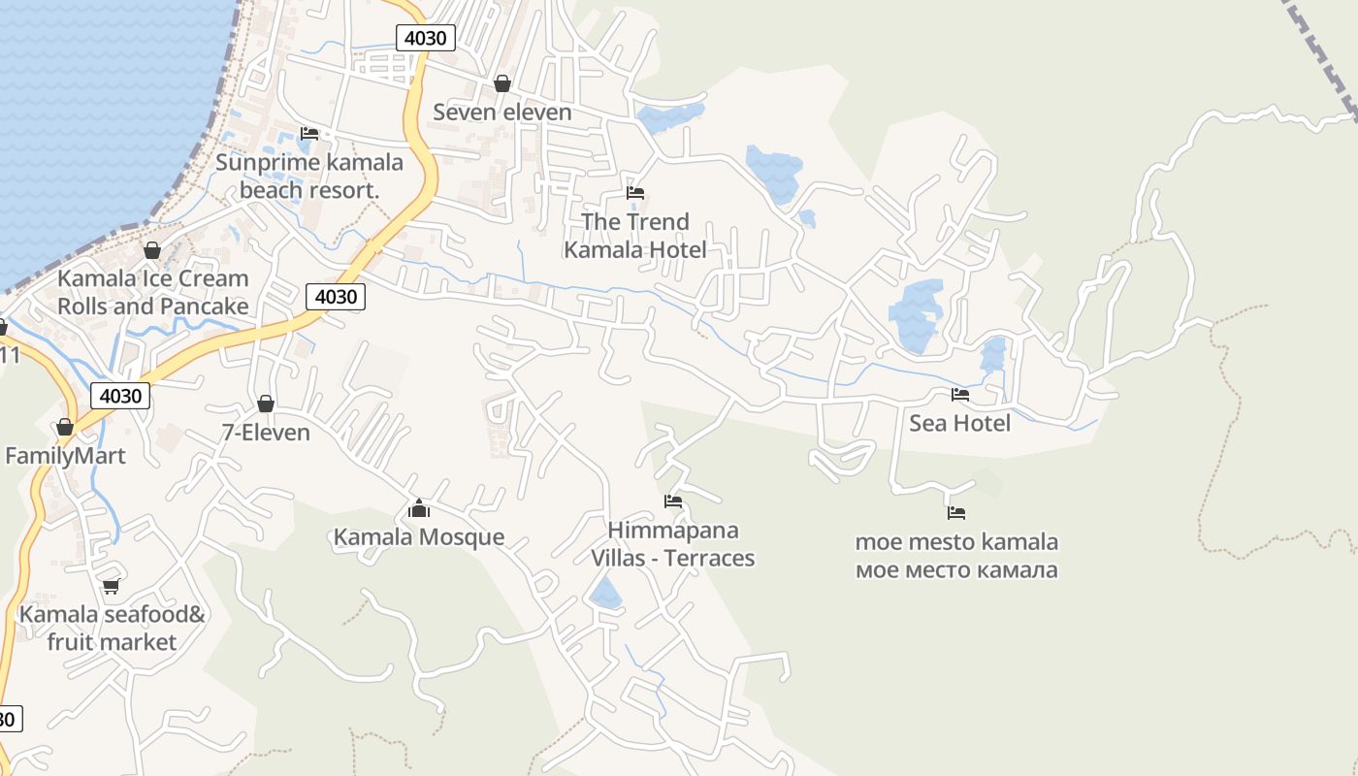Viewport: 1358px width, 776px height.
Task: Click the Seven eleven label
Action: click(x=502, y=113)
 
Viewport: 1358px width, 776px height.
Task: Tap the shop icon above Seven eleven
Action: click(x=502, y=83)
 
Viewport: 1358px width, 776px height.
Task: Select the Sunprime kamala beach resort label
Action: click(x=309, y=176)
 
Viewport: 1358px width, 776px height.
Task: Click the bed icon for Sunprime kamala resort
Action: click(x=309, y=134)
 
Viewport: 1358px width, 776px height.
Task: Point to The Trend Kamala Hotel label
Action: click(x=635, y=236)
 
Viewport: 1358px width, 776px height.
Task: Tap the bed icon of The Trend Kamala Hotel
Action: click(x=635, y=193)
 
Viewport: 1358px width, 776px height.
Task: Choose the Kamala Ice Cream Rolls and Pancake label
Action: click(x=153, y=292)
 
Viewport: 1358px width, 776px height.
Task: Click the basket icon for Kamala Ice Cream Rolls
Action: click(x=152, y=250)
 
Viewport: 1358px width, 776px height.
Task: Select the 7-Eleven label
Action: click(x=266, y=433)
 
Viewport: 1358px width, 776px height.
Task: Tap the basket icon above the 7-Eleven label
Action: click(x=266, y=404)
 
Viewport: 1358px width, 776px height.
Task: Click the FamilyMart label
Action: click(x=65, y=456)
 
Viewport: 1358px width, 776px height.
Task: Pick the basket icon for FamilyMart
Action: click(x=65, y=427)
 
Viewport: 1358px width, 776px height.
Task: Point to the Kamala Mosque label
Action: click(x=419, y=537)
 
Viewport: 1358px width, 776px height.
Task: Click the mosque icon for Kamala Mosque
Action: click(x=419, y=508)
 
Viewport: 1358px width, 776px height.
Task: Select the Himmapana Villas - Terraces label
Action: click(x=673, y=544)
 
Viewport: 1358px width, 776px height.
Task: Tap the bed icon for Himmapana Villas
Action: click(x=673, y=501)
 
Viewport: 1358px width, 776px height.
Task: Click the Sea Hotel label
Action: click(x=959, y=423)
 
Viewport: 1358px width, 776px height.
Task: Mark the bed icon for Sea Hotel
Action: click(x=960, y=394)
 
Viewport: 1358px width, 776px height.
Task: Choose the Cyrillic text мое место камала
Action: click(x=956, y=570)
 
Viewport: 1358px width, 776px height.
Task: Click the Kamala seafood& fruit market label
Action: click(x=112, y=628)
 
